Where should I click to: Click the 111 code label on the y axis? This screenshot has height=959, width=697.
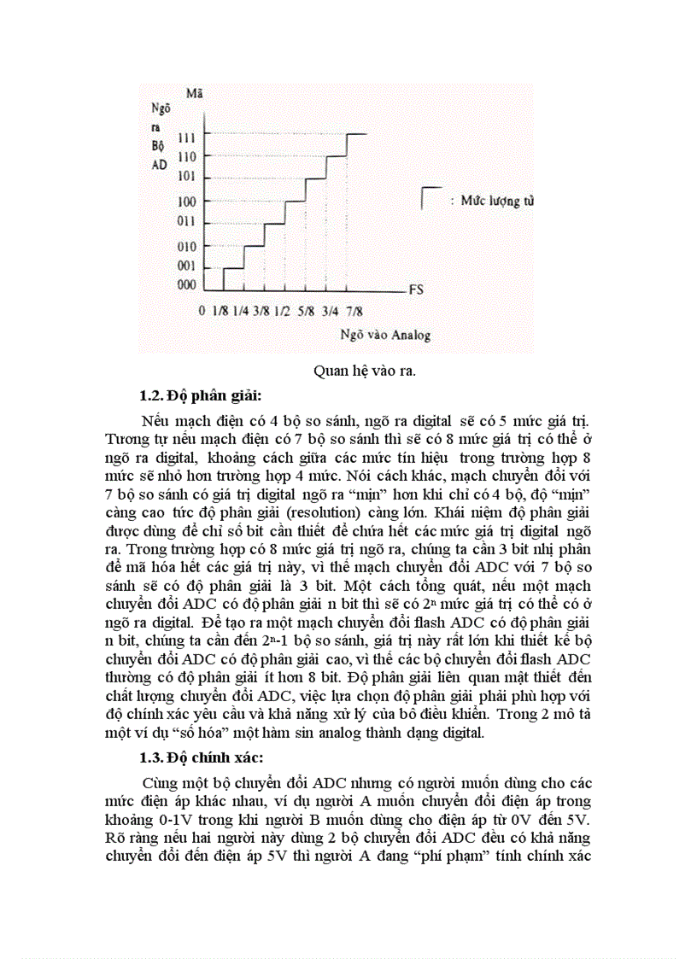pos(187,137)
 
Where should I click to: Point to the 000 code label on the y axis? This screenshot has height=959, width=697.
pos(187,285)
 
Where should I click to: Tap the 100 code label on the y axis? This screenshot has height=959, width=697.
pos(187,202)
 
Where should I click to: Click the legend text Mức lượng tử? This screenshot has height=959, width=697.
pos(498,202)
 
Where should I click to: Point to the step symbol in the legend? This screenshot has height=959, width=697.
pos(430,197)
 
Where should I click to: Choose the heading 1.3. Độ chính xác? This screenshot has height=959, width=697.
pos(202,757)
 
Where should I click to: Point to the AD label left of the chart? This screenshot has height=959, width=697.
pos(159,165)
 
